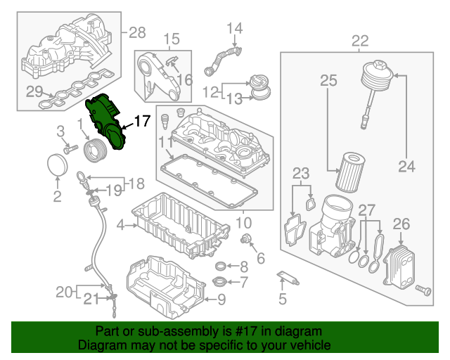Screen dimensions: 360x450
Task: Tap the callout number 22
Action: click(x=360, y=41)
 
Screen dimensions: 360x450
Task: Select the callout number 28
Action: click(x=136, y=32)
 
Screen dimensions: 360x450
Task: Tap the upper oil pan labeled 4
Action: click(x=179, y=225)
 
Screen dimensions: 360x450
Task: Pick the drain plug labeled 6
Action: click(x=247, y=242)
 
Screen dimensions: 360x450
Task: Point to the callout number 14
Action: click(x=234, y=28)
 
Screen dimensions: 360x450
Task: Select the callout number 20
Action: click(x=64, y=291)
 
